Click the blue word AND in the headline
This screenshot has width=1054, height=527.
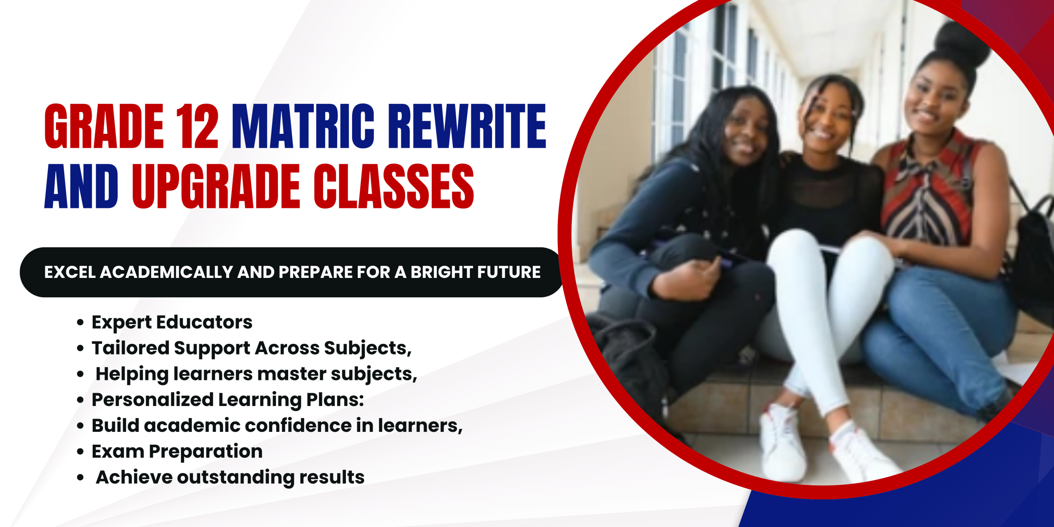click(x=82, y=186)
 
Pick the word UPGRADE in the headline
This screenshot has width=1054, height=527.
click(x=216, y=186)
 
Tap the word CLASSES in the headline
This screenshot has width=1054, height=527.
click(x=394, y=186)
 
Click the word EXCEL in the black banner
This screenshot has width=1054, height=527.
click(x=70, y=272)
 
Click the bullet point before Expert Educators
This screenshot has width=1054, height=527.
click(x=80, y=322)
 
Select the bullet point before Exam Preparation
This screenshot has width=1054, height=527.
click(x=80, y=452)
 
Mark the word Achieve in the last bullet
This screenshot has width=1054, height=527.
click(x=134, y=478)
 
